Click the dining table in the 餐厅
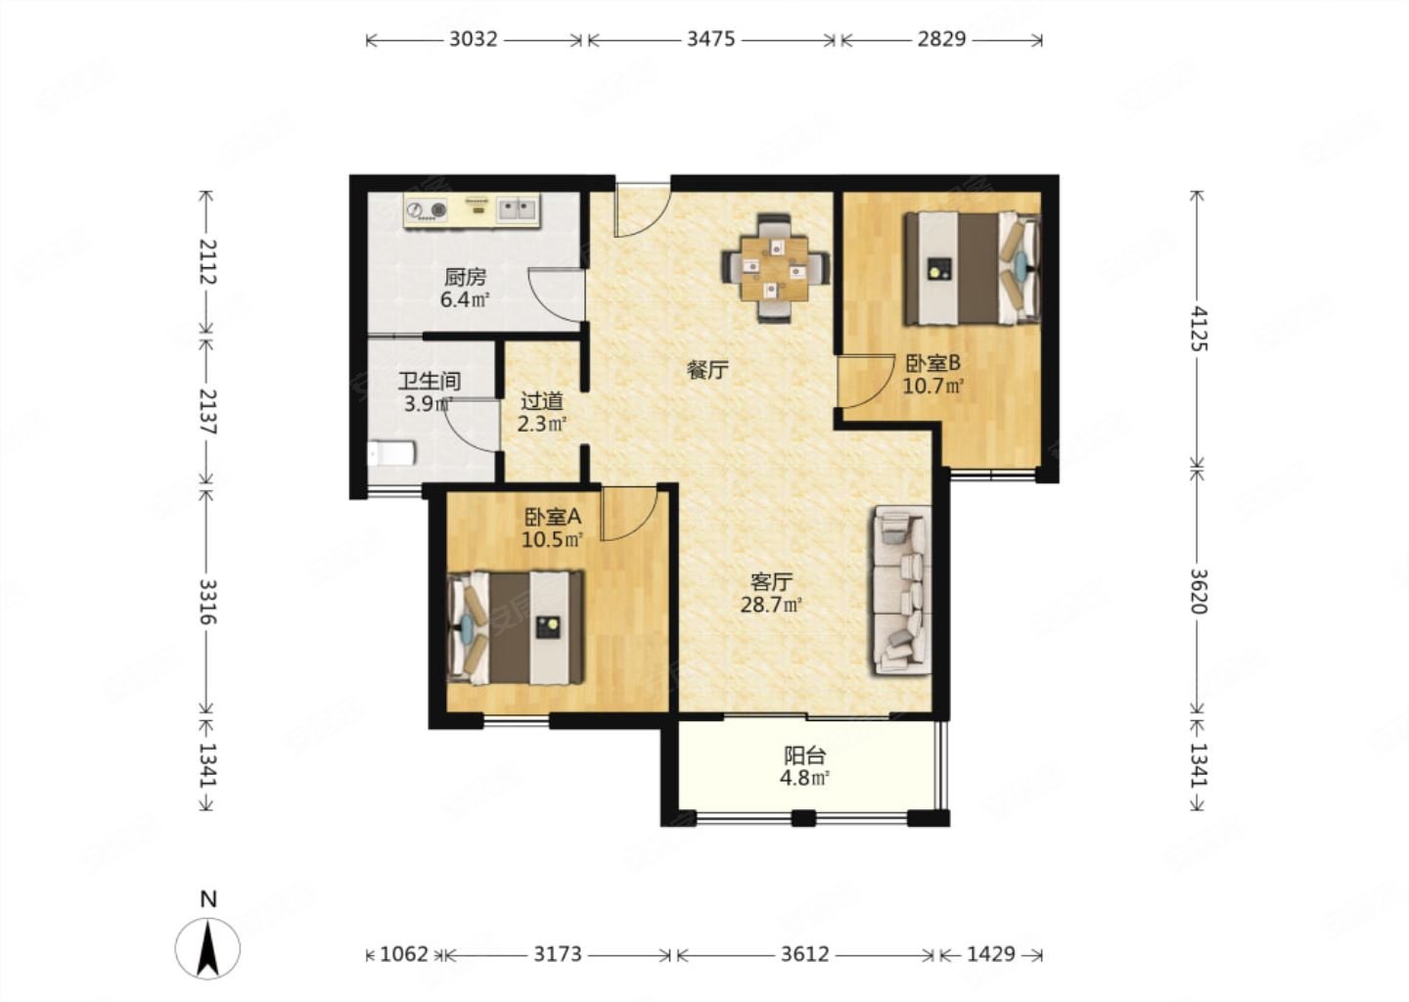(774, 268)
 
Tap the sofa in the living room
(902, 590)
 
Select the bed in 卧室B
(973, 268)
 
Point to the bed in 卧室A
(515, 628)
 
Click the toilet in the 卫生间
(391, 453)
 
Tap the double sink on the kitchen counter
(518, 208)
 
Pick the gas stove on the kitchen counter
(427, 209)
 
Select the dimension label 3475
(710, 39)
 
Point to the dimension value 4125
(1199, 329)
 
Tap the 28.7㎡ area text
(771, 605)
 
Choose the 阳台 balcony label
(804, 755)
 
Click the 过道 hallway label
(542, 401)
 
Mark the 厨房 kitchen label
(465, 277)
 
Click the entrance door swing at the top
(642, 210)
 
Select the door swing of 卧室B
(866, 382)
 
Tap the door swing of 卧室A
(629, 513)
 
